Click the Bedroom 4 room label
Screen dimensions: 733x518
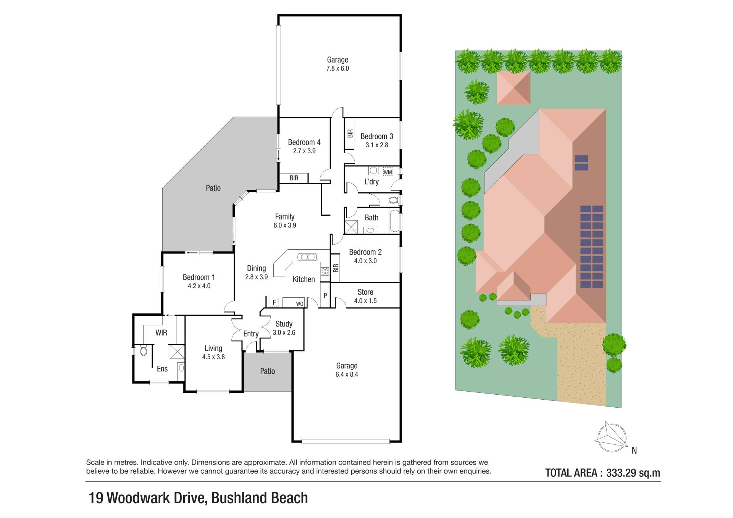point(304,142)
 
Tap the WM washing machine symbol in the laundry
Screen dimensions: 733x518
point(387,172)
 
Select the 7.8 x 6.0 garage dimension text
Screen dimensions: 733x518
point(337,69)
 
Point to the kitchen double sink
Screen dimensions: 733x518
point(307,257)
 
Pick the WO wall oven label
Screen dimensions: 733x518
point(300,304)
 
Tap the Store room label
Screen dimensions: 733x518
point(365,292)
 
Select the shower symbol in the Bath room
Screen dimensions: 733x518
point(350,227)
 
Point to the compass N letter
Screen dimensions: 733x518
point(634,450)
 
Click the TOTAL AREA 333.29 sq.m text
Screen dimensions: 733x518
point(603,473)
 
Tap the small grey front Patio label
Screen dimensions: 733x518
point(267,371)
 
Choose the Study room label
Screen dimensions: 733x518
point(284,324)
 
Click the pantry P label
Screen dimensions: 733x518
point(325,295)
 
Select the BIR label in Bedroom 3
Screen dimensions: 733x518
point(350,134)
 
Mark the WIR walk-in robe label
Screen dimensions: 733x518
point(161,333)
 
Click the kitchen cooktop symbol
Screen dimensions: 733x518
point(325,271)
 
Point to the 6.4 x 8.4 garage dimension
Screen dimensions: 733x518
point(347,374)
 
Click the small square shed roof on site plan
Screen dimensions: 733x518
point(513,87)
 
